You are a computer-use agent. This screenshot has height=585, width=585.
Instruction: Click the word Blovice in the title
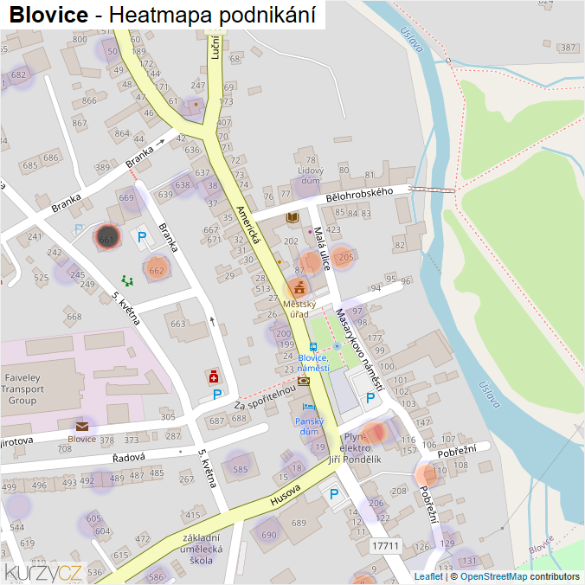[48, 15]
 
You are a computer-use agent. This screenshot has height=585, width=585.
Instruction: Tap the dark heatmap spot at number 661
[107, 237]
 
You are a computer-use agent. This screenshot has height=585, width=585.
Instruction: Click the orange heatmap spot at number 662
[156, 270]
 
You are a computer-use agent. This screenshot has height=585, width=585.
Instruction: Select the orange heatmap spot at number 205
[344, 257]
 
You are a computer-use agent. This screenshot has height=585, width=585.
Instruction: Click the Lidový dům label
[309, 176]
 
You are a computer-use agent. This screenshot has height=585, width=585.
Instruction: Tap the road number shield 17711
[385, 547]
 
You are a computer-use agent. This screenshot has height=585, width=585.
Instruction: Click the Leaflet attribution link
[428, 576]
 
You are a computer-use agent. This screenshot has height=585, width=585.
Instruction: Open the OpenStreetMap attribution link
[493, 576]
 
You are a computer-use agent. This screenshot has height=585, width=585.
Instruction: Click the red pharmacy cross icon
[212, 376]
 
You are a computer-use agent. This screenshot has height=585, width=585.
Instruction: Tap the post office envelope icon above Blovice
[82, 426]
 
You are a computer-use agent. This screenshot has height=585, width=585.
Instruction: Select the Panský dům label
[311, 426]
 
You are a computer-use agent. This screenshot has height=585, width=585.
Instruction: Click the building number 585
[240, 469]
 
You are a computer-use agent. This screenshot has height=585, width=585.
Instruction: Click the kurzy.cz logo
[42, 572]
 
